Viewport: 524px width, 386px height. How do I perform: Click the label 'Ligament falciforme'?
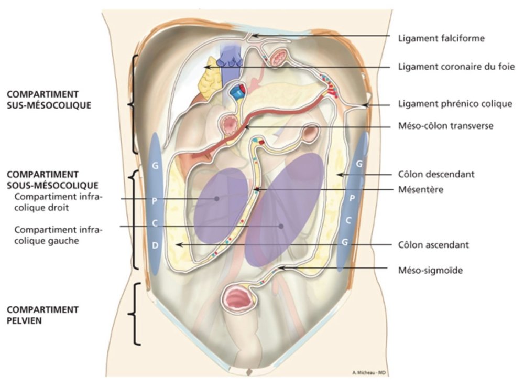tap(449, 37)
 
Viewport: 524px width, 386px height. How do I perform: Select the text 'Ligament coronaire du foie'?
tap(456, 67)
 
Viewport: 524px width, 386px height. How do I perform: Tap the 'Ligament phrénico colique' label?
tap(454, 104)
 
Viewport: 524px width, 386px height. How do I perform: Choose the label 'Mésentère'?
tap(421, 189)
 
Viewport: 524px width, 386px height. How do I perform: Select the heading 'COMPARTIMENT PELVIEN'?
tap(43, 314)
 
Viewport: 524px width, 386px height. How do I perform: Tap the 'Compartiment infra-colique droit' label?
tap(59, 202)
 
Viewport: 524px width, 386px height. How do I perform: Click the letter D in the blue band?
tap(155, 245)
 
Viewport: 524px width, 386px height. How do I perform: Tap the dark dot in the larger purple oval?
tap(281, 227)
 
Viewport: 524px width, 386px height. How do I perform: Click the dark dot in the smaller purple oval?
tap(216, 198)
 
